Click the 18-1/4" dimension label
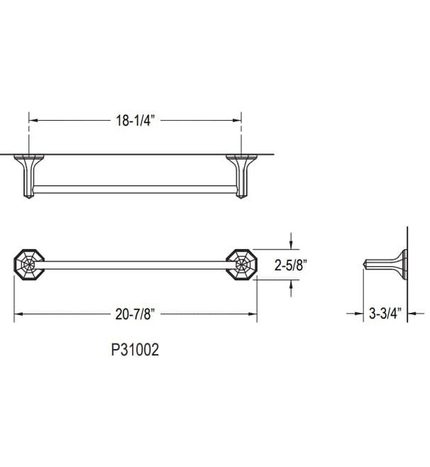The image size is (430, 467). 133,120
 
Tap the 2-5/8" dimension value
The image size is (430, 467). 292,265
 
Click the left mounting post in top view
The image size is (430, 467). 29,175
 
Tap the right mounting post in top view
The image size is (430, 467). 241,175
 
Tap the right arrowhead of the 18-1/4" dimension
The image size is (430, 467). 237,120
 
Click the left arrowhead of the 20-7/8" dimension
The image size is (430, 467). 18,312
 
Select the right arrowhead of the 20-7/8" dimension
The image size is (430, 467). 253,312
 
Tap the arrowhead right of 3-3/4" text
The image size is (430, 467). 411,312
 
